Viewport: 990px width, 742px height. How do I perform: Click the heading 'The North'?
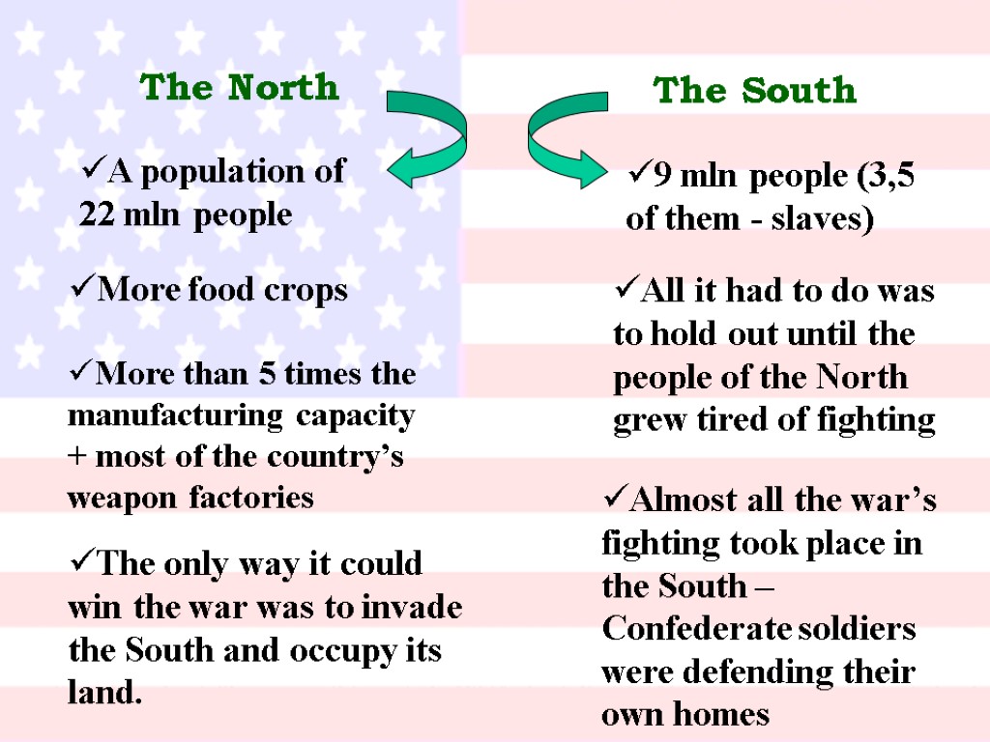pyautogui.click(x=240, y=88)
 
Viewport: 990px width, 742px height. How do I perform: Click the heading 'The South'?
pyautogui.click(x=755, y=91)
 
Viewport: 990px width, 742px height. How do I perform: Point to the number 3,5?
pyautogui.click(x=891, y=177)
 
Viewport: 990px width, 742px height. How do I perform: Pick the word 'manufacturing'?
pyautogui.click(x=176, y=416)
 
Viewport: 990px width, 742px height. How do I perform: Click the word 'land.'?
pyautogui.click(x=105, y=693)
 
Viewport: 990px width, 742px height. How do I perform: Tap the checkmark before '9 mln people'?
pyautogui.click(x=639, y=176)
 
